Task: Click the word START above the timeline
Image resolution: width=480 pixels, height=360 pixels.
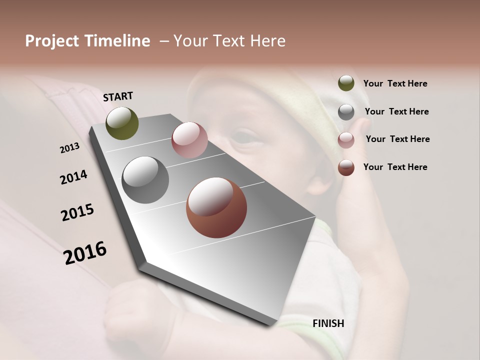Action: click(x=118, y=96)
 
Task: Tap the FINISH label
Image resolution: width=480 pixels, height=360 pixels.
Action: click(x=328, y=323)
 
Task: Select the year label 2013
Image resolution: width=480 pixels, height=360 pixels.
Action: click(x=69, y=148)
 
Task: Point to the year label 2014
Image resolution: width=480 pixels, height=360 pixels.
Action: click(x=74, y=177)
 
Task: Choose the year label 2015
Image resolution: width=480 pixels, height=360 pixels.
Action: click(x=77, y=212)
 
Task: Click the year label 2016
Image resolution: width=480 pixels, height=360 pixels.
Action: click(x=85, y=253)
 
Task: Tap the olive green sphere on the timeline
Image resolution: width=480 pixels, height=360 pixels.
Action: click(x=122, y=123)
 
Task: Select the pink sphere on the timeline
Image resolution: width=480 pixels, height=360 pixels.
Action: click(x=189, y=140)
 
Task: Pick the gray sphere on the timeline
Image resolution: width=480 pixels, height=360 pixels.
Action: click(x=145, y=180)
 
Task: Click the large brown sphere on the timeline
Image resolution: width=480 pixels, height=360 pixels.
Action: click(x=216, y=207)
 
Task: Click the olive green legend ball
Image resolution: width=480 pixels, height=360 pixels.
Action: click(x=346, y=83)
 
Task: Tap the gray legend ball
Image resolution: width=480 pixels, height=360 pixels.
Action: click(x=346, y=112)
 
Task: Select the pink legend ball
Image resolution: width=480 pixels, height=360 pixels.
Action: click(x=346, y=140)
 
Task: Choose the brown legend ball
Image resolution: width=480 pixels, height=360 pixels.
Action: click(x=346, y=167)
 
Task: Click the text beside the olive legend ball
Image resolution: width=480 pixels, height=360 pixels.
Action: click(x=395, y=83)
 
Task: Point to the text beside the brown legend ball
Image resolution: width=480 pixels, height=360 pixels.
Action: click(x=395, y=167)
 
